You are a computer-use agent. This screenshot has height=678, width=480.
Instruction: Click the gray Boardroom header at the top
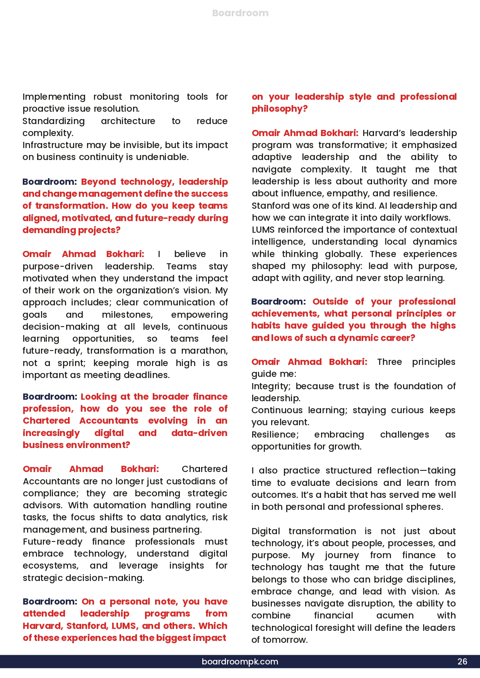click(240, 13)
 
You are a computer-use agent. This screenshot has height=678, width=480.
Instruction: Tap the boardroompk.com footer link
click(240, 661)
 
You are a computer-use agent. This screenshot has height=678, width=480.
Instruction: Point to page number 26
click(462, 661)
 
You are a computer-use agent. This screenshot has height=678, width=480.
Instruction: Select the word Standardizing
click(53, 121)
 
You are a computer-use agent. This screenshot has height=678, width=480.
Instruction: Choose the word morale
click(152, 363)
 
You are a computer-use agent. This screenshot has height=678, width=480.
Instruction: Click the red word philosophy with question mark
click(279, 109)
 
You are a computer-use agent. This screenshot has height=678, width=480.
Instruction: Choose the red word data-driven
click(199, 433)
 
